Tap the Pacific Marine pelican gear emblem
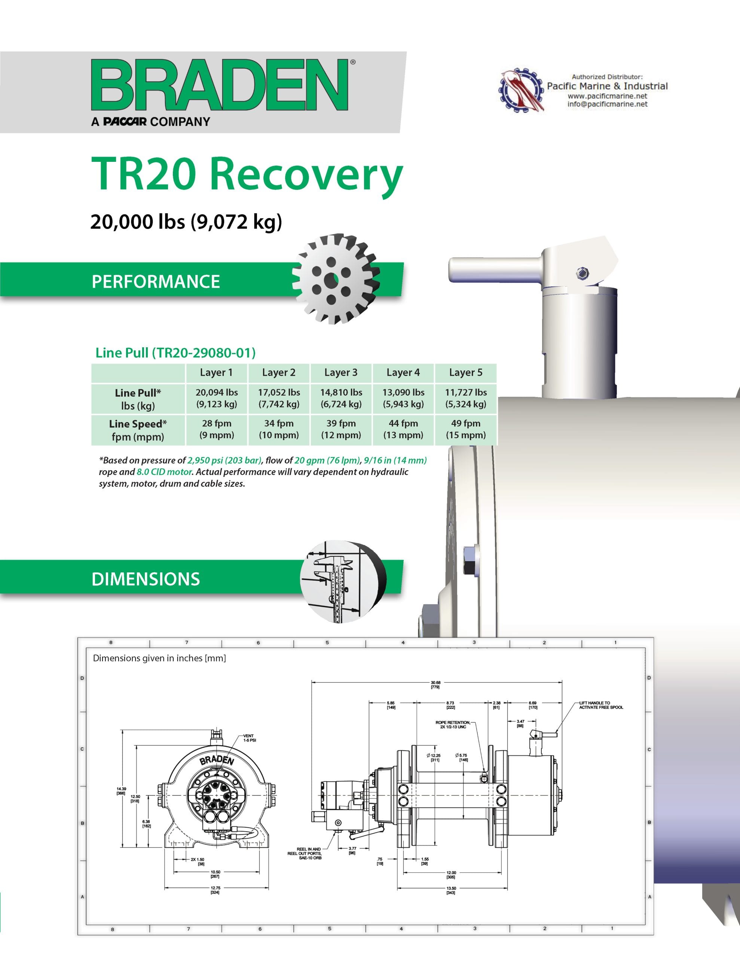521,90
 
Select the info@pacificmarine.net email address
607,105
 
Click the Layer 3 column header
341,373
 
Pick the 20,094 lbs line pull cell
217,398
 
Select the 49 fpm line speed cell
466,429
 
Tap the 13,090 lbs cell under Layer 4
403,398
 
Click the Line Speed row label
138,430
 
